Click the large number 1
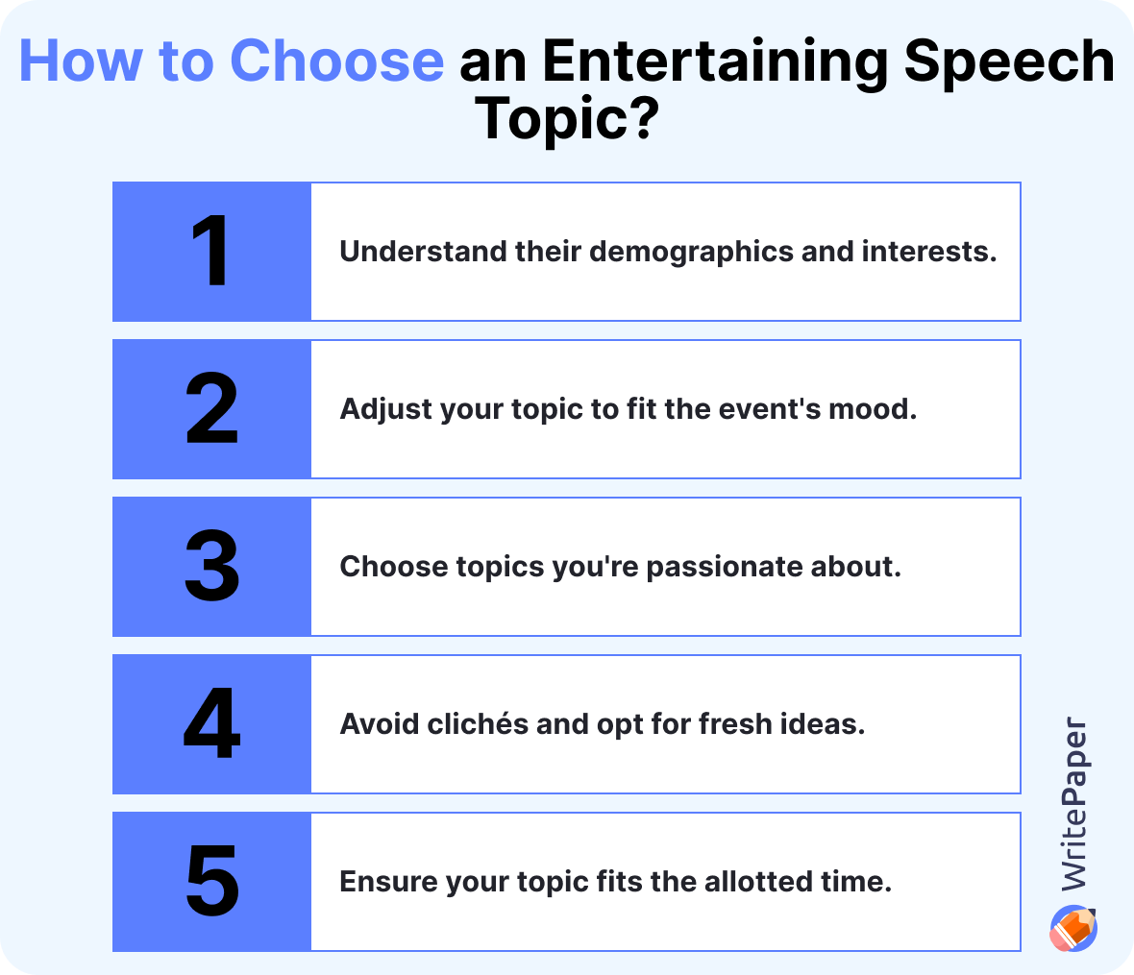tap(211, 252)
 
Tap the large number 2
tap(211, 409)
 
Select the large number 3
tap(211, 567)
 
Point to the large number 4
tap(211, 724)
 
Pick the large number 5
tap(211, 882)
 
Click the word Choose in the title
tap(336, 61)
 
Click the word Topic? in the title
tap(566, 119)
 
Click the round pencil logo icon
tap(1073, 928)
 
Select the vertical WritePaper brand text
tap(1073, 805)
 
